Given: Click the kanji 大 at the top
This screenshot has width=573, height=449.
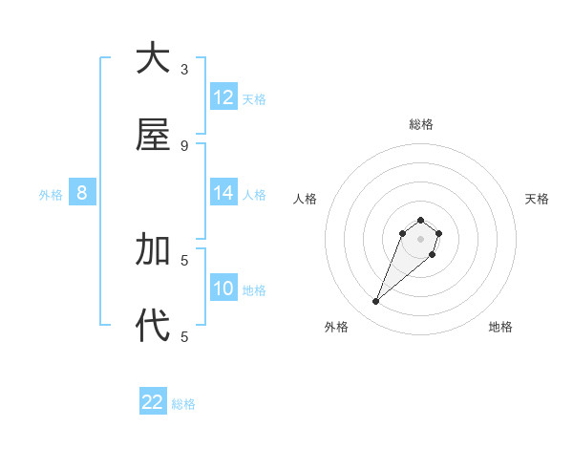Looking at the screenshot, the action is tap(153, 58).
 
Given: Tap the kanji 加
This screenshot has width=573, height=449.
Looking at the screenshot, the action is tap(153, 249).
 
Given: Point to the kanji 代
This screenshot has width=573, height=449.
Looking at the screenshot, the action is tap(153, 326).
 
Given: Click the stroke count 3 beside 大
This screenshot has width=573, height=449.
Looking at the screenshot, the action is tap(184, 69).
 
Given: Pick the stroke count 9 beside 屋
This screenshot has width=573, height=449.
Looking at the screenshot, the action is tap(184, 145).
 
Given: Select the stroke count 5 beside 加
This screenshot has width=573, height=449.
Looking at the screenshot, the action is tap(184, 260).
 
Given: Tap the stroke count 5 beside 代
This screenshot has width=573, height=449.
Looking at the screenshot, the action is tap(184, 336).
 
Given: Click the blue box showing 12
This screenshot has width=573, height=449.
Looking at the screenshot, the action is tap(223, 97).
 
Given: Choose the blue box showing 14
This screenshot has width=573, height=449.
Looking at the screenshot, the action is tap(223, 193).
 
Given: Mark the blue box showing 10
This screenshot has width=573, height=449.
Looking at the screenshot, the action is tap(223, 289).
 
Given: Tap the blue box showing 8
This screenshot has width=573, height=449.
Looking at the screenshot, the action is tap(82, 193).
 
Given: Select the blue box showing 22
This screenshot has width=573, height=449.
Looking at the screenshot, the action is tap(153, 402).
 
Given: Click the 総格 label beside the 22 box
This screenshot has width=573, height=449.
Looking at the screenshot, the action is tap(183, 404).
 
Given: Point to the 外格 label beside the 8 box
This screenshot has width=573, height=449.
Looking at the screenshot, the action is tap(51, 195).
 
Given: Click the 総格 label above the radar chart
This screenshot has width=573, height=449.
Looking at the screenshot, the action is tap(420, 124).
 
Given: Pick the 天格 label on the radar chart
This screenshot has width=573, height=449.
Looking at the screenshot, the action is tap(537, 199).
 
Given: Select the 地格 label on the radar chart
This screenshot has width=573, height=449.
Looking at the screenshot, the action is tap(500, 327).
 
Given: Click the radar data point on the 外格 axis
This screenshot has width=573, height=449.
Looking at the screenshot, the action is tap(376, 302).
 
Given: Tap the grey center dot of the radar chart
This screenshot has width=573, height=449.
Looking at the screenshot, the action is tap(420, 238).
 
